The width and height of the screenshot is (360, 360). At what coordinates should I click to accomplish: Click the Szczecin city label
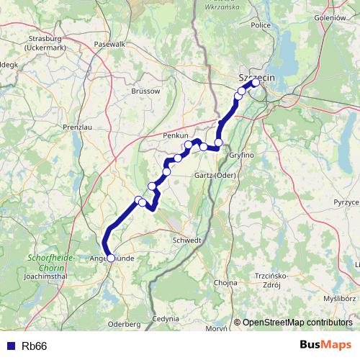coord(253,75)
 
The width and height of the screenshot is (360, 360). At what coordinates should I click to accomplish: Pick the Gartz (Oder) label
coord(215,175)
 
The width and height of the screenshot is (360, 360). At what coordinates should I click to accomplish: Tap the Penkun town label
coord(176,135)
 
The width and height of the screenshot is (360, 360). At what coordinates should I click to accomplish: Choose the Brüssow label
coord(146,91)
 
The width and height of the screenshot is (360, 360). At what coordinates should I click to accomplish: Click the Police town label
coord(261,24)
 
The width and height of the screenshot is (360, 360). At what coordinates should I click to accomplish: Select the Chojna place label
coord(225,282)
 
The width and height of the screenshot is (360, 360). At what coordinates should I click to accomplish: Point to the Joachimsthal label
coord(46,275)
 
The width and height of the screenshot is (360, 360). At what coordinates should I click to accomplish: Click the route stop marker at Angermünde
coord(110,257)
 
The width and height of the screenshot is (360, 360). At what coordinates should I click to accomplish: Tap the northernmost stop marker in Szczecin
coord(256,83)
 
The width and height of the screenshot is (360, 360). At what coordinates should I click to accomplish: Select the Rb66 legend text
coord(35,346)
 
